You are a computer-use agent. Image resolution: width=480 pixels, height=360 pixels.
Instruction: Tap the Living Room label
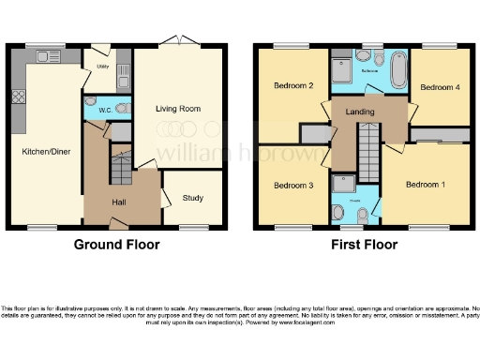tap(178, 109)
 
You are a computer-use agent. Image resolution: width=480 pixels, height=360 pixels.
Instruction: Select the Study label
tap(193, 198)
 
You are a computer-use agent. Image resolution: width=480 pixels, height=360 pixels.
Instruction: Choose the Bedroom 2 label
tap(293, 86)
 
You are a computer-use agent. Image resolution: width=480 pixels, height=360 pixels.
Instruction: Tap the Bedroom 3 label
tap(292, 185)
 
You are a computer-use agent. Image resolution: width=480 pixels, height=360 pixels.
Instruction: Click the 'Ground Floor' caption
tap(116, 245)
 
